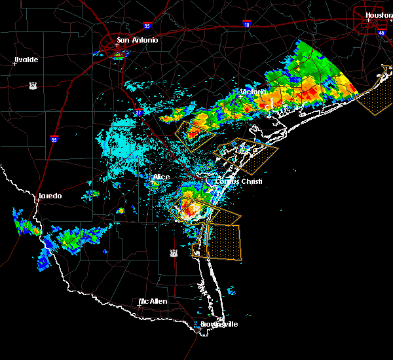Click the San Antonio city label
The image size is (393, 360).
pyautogui.click(x=137, y=40)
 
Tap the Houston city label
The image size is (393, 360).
pyautogui.click(x=378, y=15)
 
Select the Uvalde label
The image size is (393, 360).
pyautogui.click(x=27, y=60)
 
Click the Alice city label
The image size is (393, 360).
pyautogui.click(x=161, y=177)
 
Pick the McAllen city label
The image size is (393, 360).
pyautogui.click(x=153, y=301)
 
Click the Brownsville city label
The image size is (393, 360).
pyautogui.click(x=219, y=324)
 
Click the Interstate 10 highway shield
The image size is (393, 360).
pyautogui.click(x=246, y=24)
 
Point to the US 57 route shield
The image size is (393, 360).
pyautogui.click(x=32, y=85)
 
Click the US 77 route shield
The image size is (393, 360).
pyautogui.click(x=174, y=251)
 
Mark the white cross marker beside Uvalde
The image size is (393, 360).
pyautogui.click(x=14, y=63)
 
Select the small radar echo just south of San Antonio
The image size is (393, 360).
pyautogui.click(x=119, y=56)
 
